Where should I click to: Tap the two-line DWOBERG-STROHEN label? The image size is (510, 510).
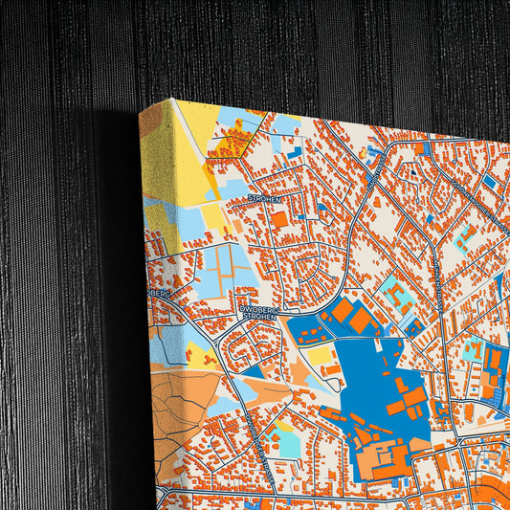260,313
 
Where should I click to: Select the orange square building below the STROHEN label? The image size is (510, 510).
278,219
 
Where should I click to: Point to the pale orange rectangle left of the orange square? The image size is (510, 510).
237,227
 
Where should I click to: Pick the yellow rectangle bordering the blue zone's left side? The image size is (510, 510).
320,356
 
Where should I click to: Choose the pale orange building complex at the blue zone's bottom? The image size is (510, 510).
383,459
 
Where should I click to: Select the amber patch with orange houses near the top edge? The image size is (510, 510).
230,144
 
